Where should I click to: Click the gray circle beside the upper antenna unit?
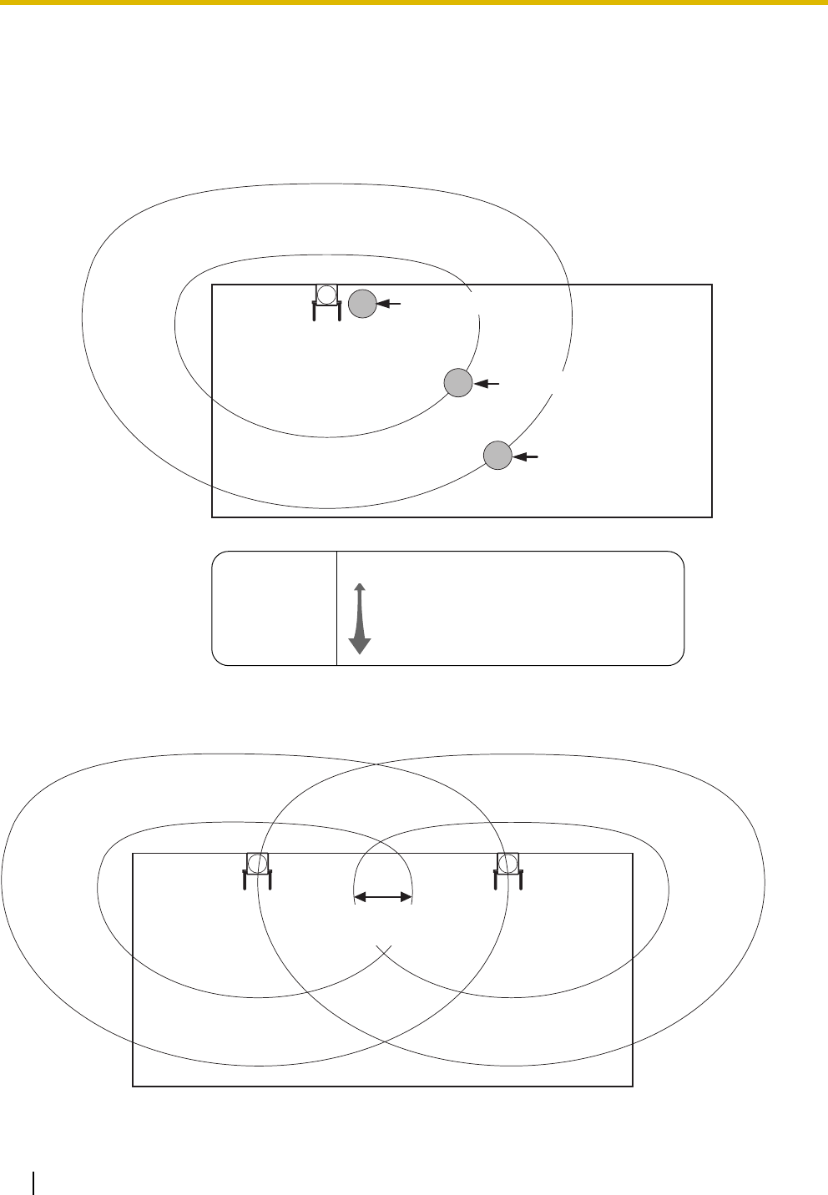click(x=361, y=305)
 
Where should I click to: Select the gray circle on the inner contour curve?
click(x=457, y=383)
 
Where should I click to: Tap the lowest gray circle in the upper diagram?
click(x=497, y=456)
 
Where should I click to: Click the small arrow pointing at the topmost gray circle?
click(x=390, y=305)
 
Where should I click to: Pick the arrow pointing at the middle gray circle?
click(x=487, y=384)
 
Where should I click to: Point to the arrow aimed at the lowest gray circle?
click(x=527, y=456)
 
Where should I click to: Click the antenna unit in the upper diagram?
click(x=326, y=300)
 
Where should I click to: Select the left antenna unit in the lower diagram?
click(x=257, y=869)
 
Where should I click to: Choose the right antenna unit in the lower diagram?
click(x=507, y=869)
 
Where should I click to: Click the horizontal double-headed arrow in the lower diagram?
click(x=384, y=897)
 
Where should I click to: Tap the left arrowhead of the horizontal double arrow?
click(x=360, y=897)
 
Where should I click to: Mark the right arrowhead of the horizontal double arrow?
click(x=408, y=897)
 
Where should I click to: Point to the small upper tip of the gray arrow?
click(x=360, y=587)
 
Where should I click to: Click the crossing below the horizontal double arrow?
click(x=384, y=951)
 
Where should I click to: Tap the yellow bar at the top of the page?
click(x=414, y=3)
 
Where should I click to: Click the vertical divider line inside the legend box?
click(x=336, y=608)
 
